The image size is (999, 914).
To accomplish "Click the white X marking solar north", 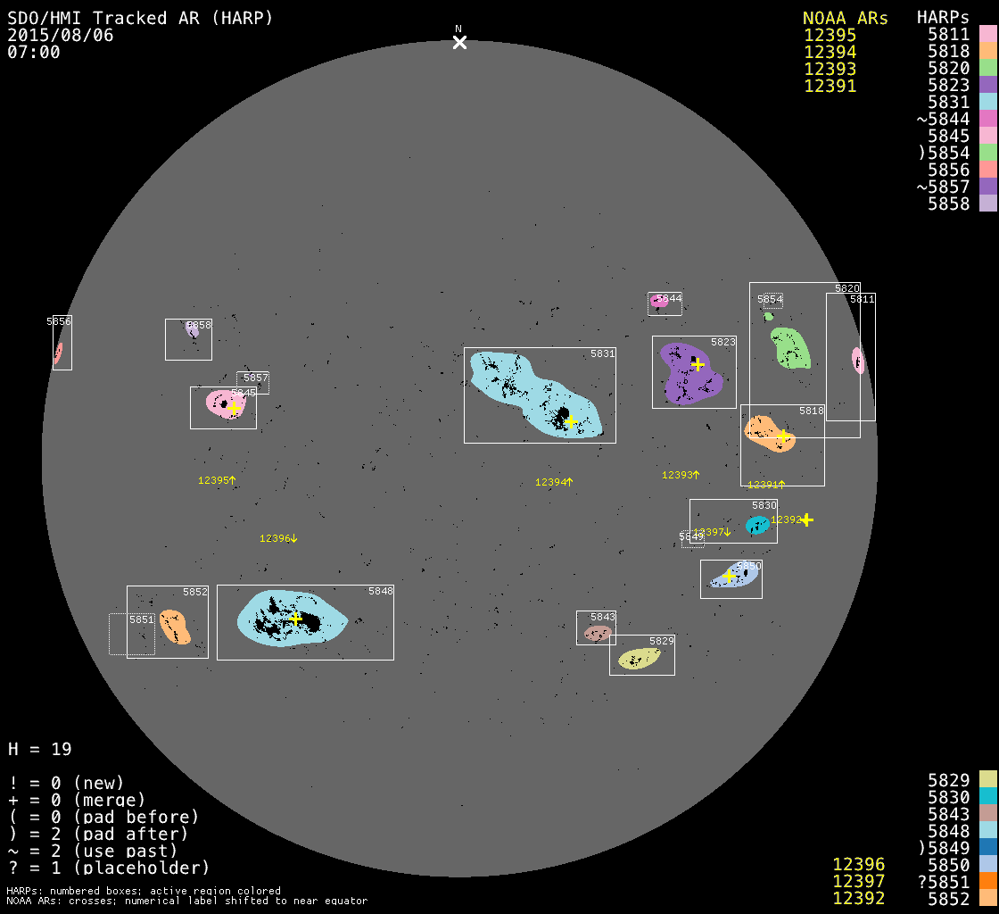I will pyautogui.click(x=459, y=42).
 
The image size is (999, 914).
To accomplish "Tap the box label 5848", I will pyautogui.click(x=380, y=591).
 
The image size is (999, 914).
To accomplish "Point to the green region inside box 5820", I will pyautogui.click(x=790, y=347).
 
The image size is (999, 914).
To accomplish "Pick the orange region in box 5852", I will pyautogui.click(x=175, y=627).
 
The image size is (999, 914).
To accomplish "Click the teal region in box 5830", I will pyautogui.click(x=757, y=525).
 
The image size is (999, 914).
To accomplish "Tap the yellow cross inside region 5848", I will pyautogui.click(x=295, y=618).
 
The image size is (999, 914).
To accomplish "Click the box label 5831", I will pyautogui.click(x=602, y=353).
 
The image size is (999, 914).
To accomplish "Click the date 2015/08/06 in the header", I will pyautogui.click(x=61, y=35).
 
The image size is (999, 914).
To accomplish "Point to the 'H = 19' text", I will pyautogui.click(x=40, y=749).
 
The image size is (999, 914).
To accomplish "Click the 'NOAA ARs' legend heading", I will pyautogui.click(x=845, y=18).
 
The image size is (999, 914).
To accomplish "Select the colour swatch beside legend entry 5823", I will pyautogui.click(x=987, y=86).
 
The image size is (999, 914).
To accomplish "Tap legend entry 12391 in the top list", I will pyautogui.click(x=830, y=86).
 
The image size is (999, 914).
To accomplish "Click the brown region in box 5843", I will pyautogui.click(x=597, y=633).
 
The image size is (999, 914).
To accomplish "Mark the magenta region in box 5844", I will pyautogui.click(x=659, y=302).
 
